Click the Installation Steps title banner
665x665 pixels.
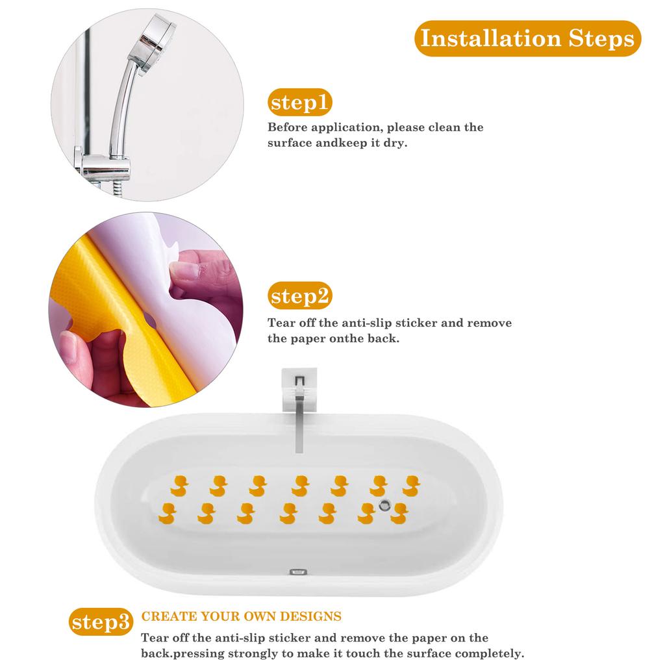(x=527, y=38)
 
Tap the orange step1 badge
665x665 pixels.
(x=300, y=103)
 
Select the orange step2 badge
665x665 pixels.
(x=300, y=296)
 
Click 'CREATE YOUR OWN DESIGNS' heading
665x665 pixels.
(x=242, y=616)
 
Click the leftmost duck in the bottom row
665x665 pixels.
(x=168, y=512)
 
